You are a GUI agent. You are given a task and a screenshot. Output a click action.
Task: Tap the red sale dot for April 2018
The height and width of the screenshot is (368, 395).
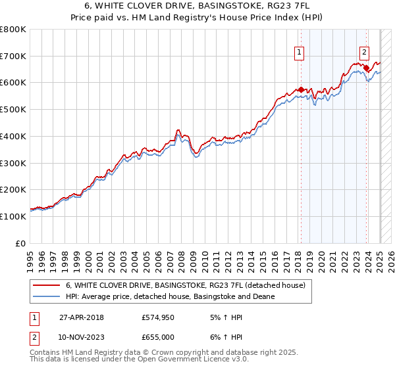[301, 89]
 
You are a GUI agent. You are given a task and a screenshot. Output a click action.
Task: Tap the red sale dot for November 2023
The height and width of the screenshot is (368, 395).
[366, 68]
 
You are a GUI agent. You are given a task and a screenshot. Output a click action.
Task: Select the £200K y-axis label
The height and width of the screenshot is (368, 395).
[13, 189]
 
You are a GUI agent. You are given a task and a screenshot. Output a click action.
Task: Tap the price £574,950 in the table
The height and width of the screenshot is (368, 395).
[157, 317]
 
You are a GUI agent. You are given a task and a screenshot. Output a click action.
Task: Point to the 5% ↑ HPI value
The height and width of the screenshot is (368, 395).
[225, 317]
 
